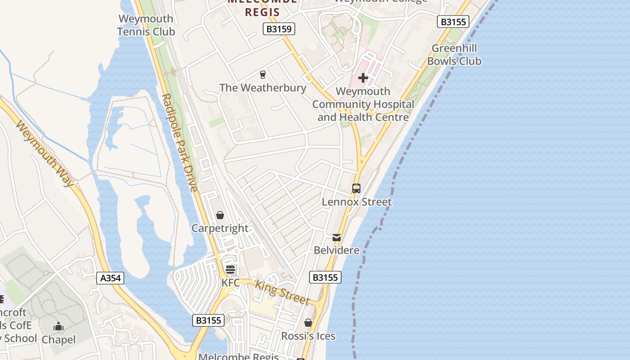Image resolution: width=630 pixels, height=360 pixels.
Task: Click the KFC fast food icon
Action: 230,270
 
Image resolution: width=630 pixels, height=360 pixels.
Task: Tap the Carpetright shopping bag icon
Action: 220,216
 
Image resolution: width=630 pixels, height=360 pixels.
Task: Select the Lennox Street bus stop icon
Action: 356,189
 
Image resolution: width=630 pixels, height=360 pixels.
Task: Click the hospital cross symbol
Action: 363,78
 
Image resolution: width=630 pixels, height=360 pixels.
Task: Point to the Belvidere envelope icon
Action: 337,237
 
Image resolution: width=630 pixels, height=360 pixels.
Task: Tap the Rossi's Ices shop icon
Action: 308,323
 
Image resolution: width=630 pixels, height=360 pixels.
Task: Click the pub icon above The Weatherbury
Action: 263,75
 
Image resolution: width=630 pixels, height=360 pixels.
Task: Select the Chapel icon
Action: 58,327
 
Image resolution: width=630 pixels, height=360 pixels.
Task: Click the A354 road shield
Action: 110,278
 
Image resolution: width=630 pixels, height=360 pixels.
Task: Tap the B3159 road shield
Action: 279,29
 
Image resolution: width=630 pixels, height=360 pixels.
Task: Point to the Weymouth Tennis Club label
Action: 146,25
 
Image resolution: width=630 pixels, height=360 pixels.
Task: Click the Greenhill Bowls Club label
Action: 454,54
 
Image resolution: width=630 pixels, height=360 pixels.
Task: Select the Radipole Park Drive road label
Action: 180,143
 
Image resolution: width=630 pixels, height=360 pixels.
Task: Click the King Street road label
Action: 282,292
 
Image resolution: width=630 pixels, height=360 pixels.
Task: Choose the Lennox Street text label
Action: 356,202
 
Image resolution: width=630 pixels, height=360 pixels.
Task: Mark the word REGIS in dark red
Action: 262,12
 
